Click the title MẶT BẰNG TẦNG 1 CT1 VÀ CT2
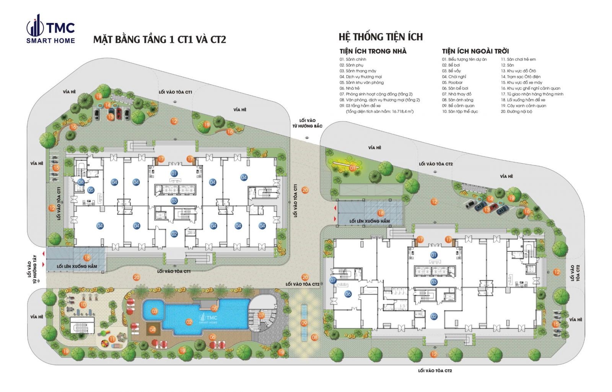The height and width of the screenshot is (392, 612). (x=160, y=40)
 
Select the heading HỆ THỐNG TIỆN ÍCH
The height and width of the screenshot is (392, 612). (x=381, y=37)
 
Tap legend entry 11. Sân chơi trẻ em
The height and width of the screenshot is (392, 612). (x=518, y=60)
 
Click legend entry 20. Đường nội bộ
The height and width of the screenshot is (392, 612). (x=516, y=112)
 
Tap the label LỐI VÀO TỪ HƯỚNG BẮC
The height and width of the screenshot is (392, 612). (x=307, y=123)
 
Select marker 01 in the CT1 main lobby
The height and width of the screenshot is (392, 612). (x=174, y=173)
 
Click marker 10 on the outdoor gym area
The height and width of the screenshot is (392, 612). (x=83, y=305)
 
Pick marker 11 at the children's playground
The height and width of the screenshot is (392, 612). (x=112, y=339)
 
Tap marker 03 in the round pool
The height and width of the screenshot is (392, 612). (x=155, y=311)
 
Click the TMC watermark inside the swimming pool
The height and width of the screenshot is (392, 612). (x=208, y=319)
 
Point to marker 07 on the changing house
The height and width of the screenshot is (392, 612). (x=261, y=316)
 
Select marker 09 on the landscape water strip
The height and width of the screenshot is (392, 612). (x=304, y=323)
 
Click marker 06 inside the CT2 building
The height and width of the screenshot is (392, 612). (x=348, y=294)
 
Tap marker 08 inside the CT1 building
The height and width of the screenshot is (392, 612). (x=81, y=182)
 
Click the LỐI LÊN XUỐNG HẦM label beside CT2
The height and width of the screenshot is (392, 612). (x=369, y=221)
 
